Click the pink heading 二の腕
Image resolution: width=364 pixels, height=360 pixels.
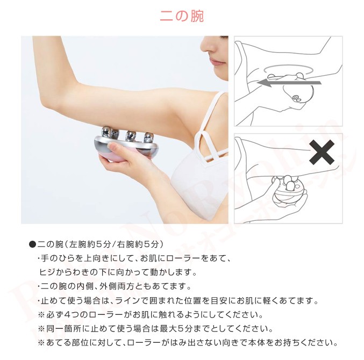click(182, 16)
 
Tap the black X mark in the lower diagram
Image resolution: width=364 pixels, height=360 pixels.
click(322, 153)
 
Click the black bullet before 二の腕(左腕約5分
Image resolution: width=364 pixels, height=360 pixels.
click(32, 244)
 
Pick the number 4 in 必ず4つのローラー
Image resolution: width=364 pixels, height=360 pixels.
click(66, 314)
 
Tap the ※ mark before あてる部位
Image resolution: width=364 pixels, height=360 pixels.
click(41, 342)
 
